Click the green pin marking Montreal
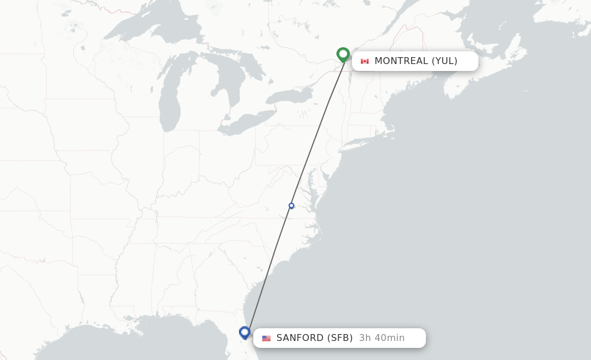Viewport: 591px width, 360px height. tap(343, 54)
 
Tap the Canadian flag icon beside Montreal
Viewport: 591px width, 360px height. tap(365, 61)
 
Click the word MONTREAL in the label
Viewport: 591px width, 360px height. tap(401, 61)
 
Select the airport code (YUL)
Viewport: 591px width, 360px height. tap(444, 61)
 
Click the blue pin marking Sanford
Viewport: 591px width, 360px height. tap(245, 332)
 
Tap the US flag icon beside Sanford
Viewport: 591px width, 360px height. tap(266, 338)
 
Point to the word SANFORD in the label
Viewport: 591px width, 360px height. tap(300, 338)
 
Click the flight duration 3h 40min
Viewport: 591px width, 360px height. tap(381, 338)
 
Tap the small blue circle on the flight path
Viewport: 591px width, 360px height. tap(291, 206)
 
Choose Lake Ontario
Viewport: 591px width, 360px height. tap(289, 95)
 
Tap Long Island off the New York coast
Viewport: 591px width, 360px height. tap(369, 136)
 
